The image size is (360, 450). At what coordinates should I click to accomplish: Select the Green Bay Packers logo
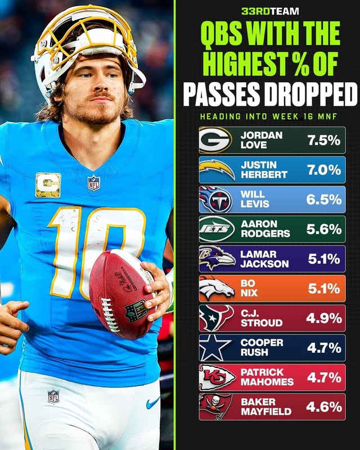tap(215, 140)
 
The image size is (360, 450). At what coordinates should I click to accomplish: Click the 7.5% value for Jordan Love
tap(323, 140)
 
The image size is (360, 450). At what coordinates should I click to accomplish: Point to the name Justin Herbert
tap(263, 169)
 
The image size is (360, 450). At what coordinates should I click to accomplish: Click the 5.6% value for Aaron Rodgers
tap(323, 228)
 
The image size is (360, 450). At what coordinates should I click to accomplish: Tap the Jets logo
tap(216, 229)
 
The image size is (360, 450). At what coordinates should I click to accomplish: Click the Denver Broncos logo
tap(216, 289)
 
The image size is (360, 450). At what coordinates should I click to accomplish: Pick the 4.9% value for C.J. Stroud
tap(323, 318)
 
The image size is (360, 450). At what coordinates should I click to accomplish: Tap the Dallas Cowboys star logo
tap(215, 347)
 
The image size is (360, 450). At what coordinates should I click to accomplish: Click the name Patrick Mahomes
tap(267, 377)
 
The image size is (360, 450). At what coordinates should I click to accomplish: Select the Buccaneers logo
tap(215, 406)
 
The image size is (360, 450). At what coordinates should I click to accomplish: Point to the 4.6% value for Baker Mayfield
tap(323, 406)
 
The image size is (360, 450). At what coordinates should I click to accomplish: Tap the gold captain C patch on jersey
tap(48, 184)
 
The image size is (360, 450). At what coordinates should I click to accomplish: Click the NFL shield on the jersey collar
tap(93, 183)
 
